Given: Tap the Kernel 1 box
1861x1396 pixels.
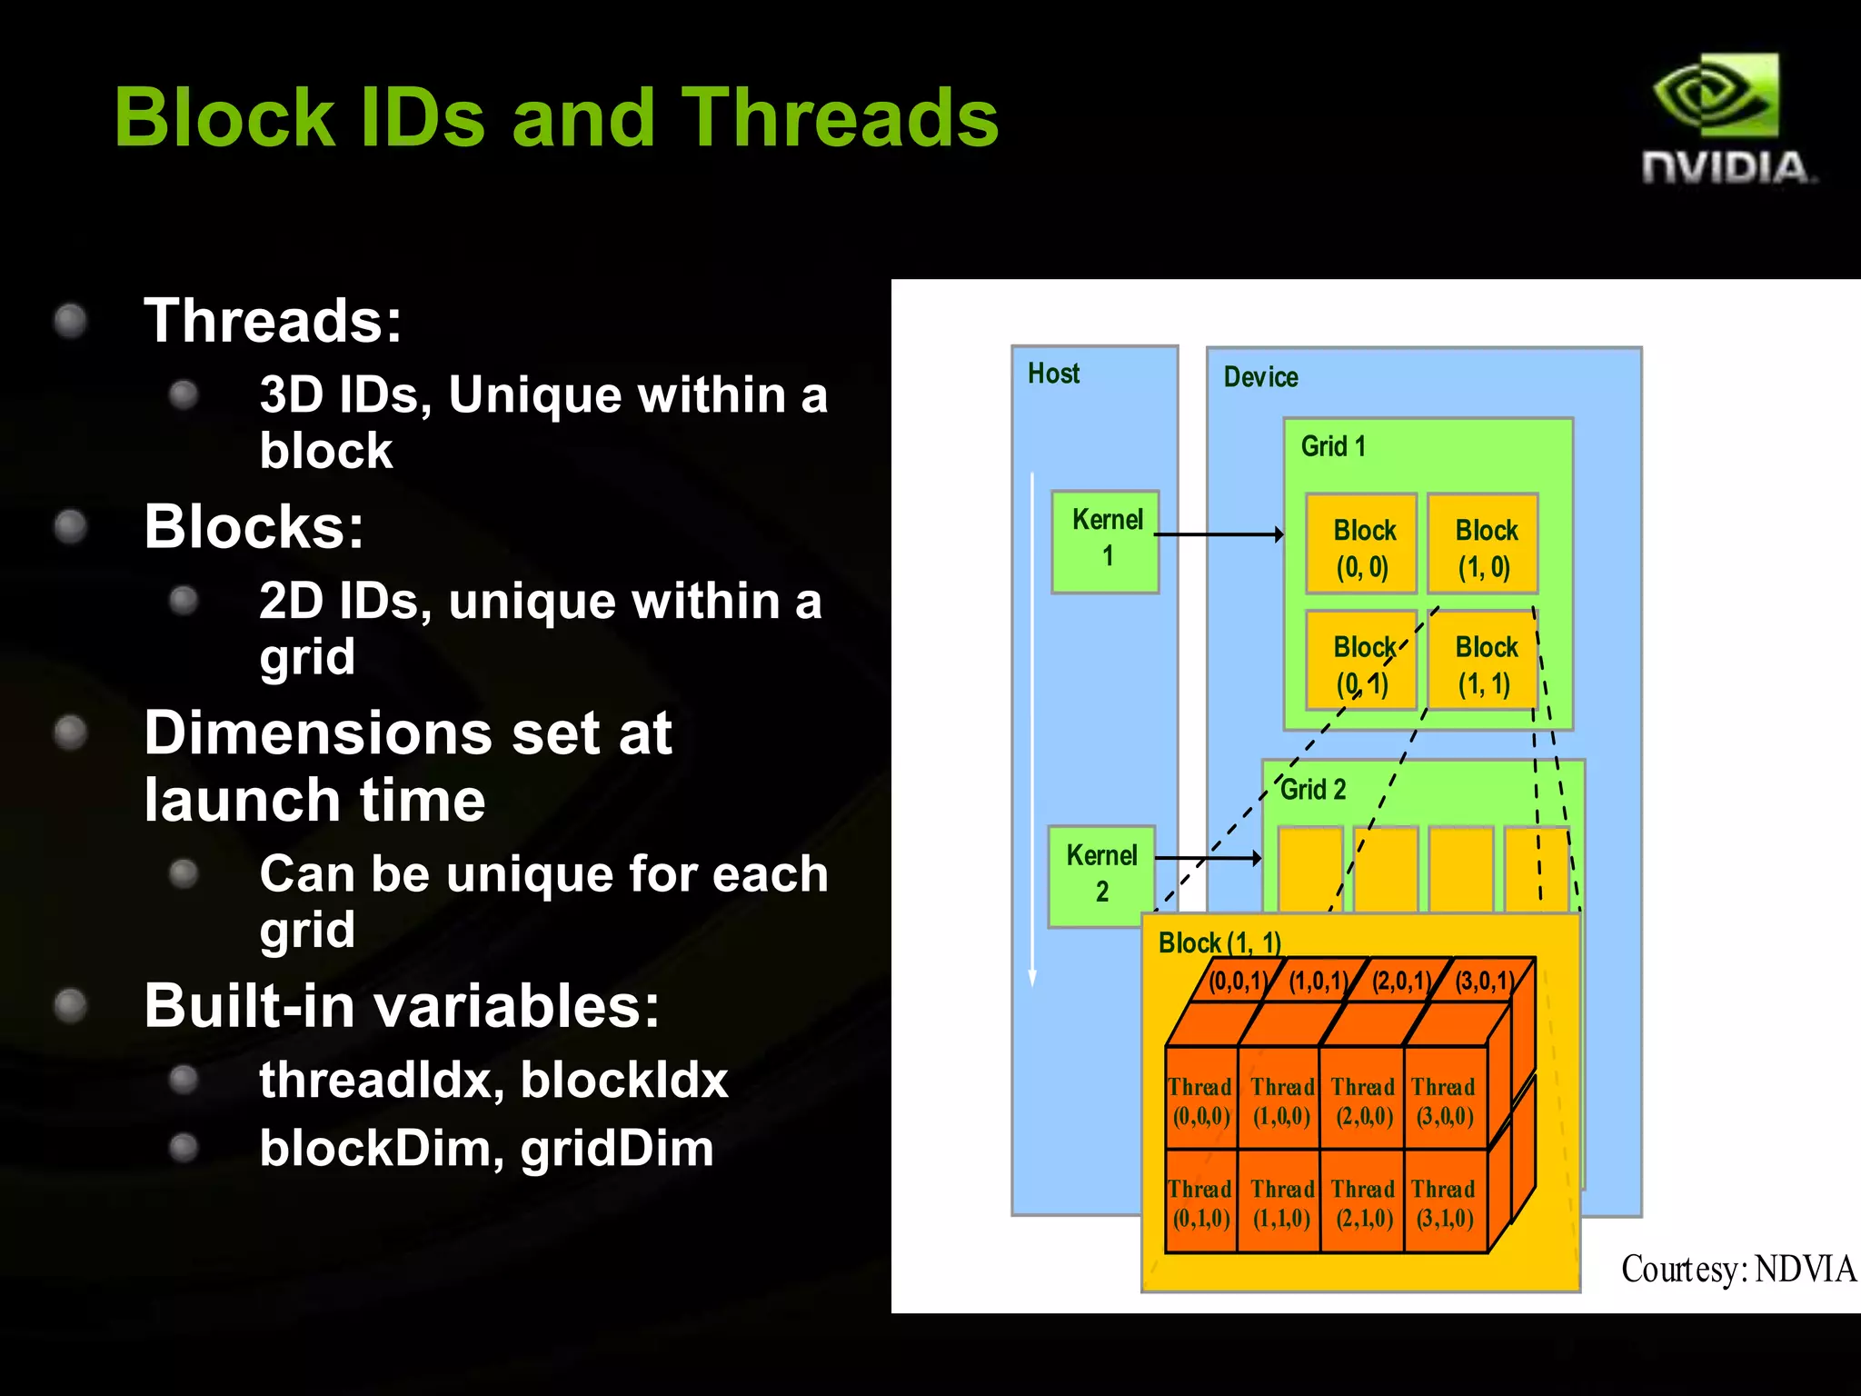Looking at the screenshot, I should pos(1105,542).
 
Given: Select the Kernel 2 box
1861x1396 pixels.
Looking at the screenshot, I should pos(1101,875).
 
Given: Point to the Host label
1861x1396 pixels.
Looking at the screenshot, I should pos(1053,374).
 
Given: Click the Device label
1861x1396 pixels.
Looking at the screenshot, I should pos(1260,377).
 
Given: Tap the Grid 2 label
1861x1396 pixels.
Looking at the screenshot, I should pos(1312,790).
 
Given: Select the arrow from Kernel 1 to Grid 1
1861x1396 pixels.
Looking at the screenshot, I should pos(1218,534).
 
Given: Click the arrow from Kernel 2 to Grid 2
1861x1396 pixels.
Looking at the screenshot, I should pos(1207,857).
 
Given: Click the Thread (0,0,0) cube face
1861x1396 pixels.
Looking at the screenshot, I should pos(1200,1101).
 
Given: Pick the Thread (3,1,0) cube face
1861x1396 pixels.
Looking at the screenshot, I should pos(1444,1202).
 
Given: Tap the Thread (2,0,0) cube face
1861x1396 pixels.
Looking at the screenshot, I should pos(1362,1101).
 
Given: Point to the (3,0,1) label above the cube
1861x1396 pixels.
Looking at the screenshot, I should pos(1484,981).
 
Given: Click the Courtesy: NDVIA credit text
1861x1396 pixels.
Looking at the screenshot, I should pos(1737,1269).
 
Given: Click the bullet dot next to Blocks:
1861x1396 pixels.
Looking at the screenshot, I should pos(70,527).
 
